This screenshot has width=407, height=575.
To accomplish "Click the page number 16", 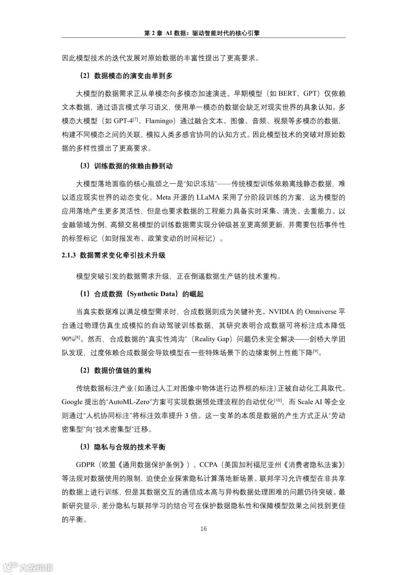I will coord(203,529).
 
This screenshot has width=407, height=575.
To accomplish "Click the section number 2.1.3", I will coord(69,255).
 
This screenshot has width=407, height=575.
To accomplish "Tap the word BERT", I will coord(288,94).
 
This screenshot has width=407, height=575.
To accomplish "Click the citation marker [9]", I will coord(316,351).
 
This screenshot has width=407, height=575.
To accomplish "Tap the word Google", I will coord(71,402).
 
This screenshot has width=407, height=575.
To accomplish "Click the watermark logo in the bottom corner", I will coord(28,567).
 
